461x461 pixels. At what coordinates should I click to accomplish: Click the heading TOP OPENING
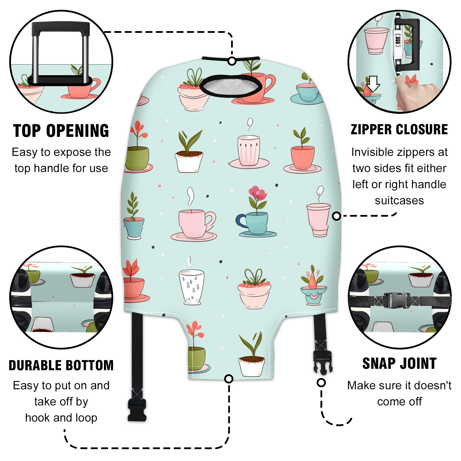pyautogui.click(x=61, y=131)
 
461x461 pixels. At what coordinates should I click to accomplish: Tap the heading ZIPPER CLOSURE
pyautogui.click(x=399, y=129)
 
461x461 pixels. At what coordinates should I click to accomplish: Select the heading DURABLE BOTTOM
pyautogui.click(x=61, y=365)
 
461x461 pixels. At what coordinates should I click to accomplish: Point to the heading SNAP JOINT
pyautogui.click(x=399, y=363)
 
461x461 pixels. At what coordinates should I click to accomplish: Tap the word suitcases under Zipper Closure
pyautogui.click(x=399, y=201)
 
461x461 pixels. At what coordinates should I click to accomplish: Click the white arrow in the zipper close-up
pyautogui.click(x=374, y=84)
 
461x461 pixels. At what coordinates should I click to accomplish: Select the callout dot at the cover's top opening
pyautogui.click(x=232, y=61)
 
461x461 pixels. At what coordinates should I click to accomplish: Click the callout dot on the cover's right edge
pyautogui.click(x=336, y=216)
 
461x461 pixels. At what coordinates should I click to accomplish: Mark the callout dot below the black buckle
pyautogui.click(x=321, y=383)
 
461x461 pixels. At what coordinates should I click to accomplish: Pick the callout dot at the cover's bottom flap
pyautogui.click(x=229, y=379)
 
